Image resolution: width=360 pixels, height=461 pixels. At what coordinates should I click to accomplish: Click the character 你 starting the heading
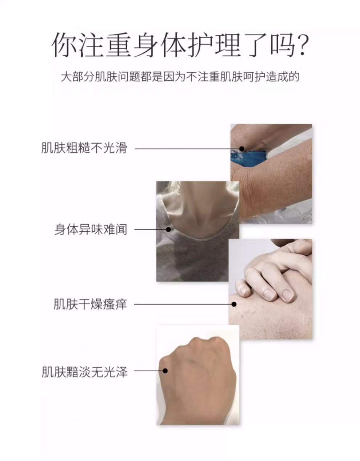coord(65,45)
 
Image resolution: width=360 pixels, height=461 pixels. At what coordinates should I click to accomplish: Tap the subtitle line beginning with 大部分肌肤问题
coord(180,77)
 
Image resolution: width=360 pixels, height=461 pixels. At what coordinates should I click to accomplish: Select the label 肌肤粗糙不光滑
coord(84,148)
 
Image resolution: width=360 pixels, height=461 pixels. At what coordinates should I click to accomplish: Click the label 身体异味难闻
coord(91,229)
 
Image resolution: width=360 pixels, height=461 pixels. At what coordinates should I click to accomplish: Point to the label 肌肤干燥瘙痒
coord(90,304)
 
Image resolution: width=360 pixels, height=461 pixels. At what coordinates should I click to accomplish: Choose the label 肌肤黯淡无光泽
coord(84,372)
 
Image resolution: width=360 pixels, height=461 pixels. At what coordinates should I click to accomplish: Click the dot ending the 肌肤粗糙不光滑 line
coord(241,148)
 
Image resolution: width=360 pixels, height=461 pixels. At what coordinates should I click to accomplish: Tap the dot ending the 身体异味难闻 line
coord(168,229)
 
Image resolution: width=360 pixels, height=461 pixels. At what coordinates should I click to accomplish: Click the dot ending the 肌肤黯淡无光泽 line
coord(165,371)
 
